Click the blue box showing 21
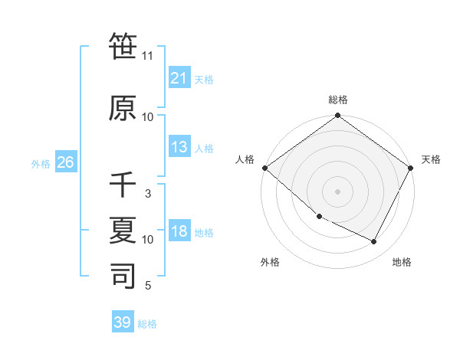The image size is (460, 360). pyautogui.click(x=179, y=78)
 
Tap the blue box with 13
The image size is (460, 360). pyautogui.click(x=179, y=147)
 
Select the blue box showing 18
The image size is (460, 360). pyautogui.click(x=179, y=232)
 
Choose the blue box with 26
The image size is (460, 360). pyautogui.click(x=65, y=163)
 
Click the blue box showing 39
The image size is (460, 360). pyautogui.click(x=123, y=322)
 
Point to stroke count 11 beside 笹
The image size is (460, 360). pyautogui.click(x=148, y=56)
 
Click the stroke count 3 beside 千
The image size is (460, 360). pyautogui.click(x=148, y=194)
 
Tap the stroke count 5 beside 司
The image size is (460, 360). pyautogui.click(x=148, y=286)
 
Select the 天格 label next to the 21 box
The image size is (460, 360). pyautogui.click(x=204, y=79)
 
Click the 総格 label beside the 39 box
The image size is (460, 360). pyautogui.click(x=147, y=324)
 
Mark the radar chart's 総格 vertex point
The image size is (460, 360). pyautogui.click(x=337, y=116)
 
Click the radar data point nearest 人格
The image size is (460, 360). pyautogui.click(x=264, y=168)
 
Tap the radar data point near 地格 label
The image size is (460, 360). pyautogui.click(x=374, y=242)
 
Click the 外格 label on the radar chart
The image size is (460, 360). pyautogui.click(x=270, y=263)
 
